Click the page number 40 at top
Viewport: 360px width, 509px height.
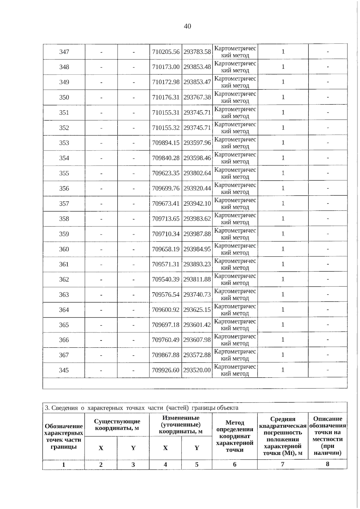click(187, 26)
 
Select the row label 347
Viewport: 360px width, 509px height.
click(64, 52)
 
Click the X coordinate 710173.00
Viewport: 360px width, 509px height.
click(166, 67)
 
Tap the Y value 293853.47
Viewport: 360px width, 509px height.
click(197, 82)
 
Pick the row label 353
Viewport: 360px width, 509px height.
click(64, 143)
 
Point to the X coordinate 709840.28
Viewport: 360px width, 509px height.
click(166, 158)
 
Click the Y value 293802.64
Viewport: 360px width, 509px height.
click(197, 173)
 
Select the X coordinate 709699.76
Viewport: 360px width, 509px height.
click(166, 188)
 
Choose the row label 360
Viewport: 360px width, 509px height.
click(64, 249)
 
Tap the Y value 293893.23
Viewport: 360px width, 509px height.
click(197, 264)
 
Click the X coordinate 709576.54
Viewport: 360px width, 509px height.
click(166, 295)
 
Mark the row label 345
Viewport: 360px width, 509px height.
click(64, 370)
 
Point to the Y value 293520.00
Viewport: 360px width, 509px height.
click(197, 370)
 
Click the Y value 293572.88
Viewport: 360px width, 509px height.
click(197, 355)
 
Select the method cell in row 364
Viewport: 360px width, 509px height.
click(235, 310)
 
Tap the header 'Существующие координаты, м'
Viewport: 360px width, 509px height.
click(117, 425)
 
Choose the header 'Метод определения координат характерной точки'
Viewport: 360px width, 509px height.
click(235, 436)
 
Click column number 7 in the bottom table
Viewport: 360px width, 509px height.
click(283, 464)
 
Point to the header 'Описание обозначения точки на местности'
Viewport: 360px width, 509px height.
click(328, 436)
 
